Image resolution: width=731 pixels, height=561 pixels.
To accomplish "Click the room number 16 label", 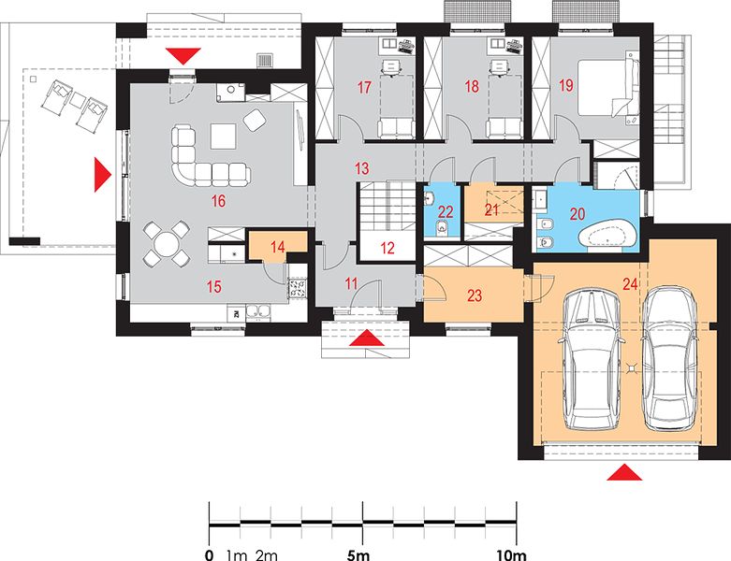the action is (218, 201).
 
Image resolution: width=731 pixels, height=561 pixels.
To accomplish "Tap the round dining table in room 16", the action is (166, 244).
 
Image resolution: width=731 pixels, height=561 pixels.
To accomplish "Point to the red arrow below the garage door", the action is (624, 471).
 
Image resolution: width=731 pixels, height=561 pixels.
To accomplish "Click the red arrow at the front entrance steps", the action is (367, 338).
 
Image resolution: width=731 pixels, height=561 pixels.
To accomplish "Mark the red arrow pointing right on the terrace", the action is (103, 175).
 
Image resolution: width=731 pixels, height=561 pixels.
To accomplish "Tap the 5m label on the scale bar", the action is (358, 554).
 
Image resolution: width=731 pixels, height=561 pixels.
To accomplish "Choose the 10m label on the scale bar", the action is (511, 554).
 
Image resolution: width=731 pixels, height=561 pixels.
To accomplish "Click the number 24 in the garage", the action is (630, 283).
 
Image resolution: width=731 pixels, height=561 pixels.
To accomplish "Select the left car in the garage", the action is (591, 360).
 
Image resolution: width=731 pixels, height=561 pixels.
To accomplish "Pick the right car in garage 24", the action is (669, 357).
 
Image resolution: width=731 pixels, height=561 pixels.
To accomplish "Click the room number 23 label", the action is (475, 295).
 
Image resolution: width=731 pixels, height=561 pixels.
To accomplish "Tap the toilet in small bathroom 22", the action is (441, 228).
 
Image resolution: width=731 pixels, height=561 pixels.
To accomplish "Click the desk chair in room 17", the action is (391, 66).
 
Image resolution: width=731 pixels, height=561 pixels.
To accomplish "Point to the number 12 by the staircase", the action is (387, 248).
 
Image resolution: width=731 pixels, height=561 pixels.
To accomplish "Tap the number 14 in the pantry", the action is (277, 246).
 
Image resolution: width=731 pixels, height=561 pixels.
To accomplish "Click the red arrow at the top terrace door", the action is (183, 56).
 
